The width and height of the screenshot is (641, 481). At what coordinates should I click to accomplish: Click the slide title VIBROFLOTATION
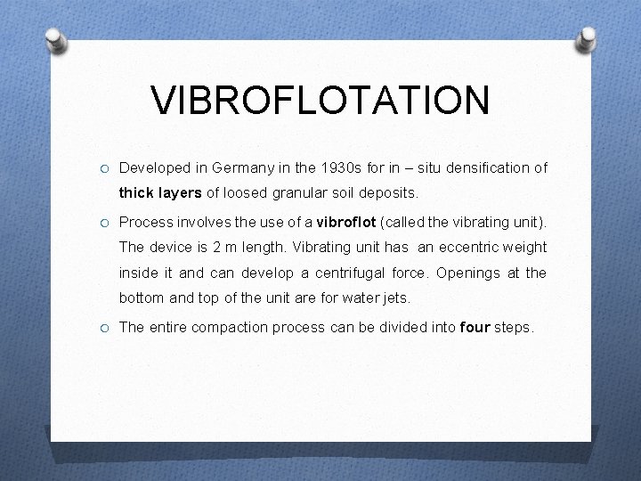pos(320,100)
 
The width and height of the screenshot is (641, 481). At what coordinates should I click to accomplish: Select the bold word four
pos(475,327)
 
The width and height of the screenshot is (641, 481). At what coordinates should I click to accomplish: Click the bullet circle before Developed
pos(104,168)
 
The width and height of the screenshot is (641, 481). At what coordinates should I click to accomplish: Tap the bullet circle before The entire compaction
pos(104,328)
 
